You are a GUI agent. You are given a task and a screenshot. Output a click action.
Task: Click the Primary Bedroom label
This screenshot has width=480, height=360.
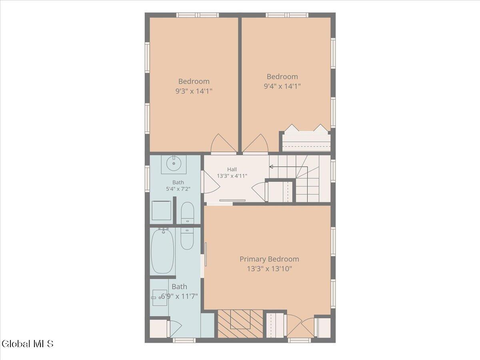point(269,259)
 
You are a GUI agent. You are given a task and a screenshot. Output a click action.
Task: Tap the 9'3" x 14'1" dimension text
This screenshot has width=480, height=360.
point(194,91)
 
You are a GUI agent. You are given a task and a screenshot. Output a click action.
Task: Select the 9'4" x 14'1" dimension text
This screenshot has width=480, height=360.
point(282,86)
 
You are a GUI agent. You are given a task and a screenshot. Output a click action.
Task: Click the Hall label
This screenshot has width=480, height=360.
point(232,169)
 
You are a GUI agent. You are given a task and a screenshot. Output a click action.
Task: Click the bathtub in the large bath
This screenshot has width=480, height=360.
point(162,251)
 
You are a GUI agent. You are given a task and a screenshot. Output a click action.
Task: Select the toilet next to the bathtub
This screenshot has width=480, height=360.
point(187,239)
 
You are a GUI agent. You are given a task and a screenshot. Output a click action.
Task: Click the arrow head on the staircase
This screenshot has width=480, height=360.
point(271,167)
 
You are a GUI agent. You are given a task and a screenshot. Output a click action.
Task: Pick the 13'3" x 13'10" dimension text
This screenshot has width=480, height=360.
point(270,269)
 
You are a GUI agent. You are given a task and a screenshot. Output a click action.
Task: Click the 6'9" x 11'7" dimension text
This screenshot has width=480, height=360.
point(179,296)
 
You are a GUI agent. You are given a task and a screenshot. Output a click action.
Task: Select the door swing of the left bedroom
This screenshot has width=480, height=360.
point(223,143)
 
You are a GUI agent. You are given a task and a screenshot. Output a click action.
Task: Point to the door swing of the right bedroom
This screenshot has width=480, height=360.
point(256,143)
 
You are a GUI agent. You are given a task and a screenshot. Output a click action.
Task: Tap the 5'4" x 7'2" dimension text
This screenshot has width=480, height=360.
point(178,189)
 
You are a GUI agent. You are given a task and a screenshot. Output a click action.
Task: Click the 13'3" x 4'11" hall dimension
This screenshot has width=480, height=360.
point(232,176)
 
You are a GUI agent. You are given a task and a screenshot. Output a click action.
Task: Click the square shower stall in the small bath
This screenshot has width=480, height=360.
point(161,210)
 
